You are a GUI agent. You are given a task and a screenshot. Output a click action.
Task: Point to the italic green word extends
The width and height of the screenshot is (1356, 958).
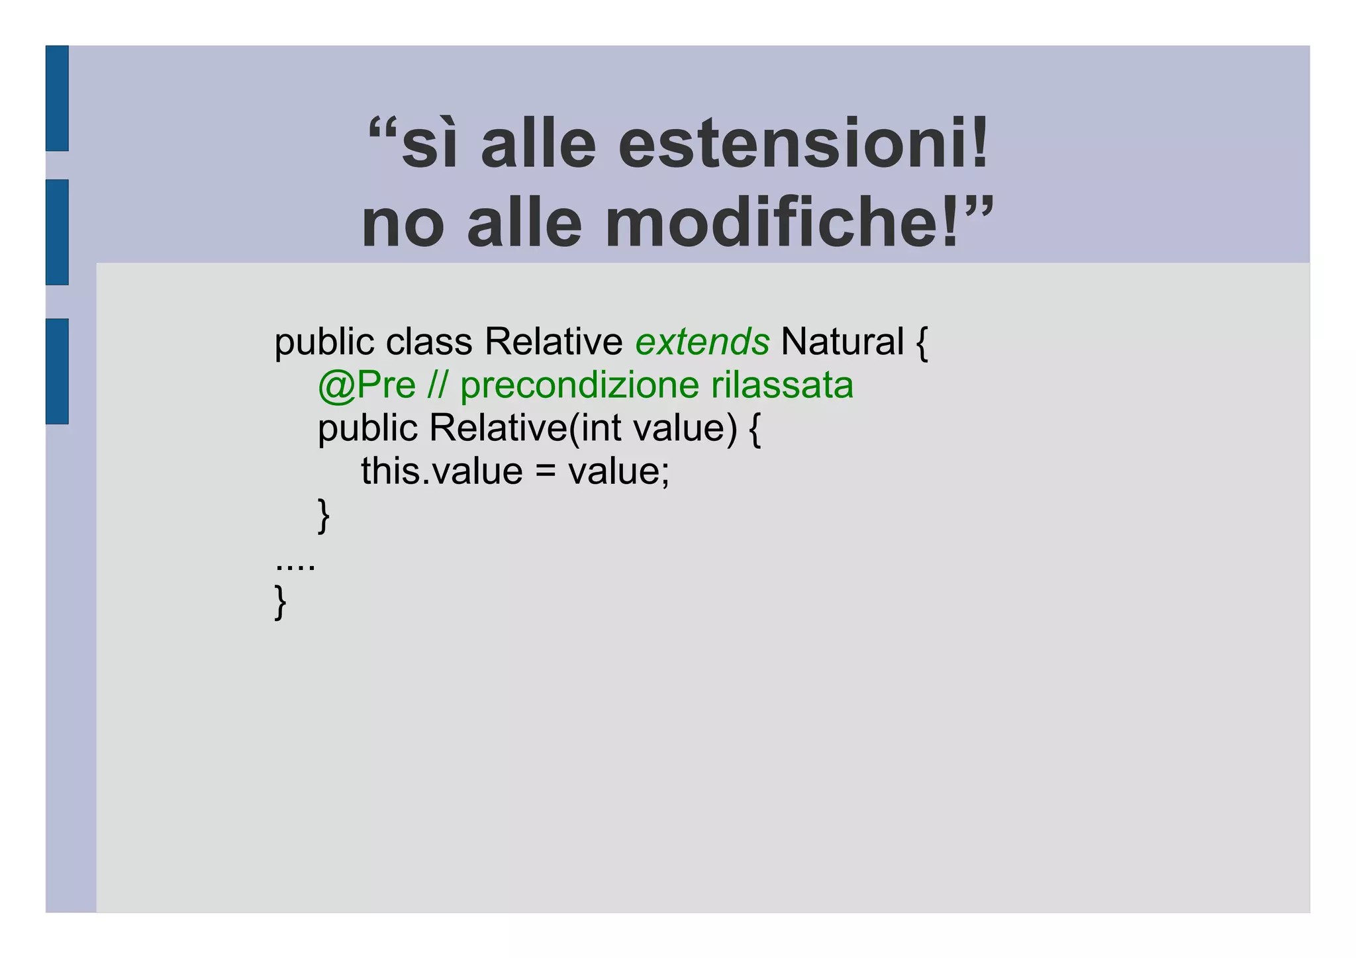(702, 342)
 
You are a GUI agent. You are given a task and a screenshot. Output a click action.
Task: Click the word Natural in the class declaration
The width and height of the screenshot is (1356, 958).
(842, 342)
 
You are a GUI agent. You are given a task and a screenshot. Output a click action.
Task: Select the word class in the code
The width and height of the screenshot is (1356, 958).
(429, 342)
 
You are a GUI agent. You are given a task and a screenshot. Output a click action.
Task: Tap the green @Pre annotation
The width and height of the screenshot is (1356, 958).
(366, 385)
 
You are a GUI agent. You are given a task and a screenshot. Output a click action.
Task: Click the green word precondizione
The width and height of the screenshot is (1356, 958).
(579, 387)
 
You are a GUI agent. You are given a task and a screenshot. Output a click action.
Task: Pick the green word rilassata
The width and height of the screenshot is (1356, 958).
(782, 385)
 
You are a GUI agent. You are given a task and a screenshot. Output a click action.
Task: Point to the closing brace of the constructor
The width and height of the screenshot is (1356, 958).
(324, 515)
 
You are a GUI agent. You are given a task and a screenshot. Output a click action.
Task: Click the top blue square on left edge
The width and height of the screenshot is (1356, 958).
(57, 98)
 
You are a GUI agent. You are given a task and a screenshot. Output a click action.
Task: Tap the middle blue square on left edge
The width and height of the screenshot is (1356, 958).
(57, 232)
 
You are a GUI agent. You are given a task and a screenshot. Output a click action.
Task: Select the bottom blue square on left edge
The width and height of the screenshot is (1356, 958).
(57, 371)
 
